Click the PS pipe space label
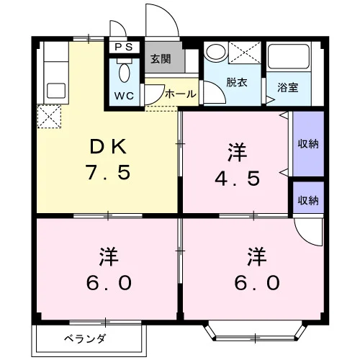124,47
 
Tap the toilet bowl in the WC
124,73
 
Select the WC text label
124,96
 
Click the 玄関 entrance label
161,59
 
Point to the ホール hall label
181,94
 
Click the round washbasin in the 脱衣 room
216,52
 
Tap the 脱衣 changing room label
237,83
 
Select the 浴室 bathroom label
288,88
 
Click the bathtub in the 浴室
289,56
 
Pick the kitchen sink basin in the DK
56,91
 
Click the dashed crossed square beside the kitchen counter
49,117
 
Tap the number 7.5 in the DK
109,172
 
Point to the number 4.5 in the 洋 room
237,179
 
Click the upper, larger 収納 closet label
308,144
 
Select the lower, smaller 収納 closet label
308,200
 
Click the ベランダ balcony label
85,339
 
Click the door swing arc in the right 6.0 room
305,238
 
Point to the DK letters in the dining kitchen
108,147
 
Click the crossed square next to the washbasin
245,53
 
